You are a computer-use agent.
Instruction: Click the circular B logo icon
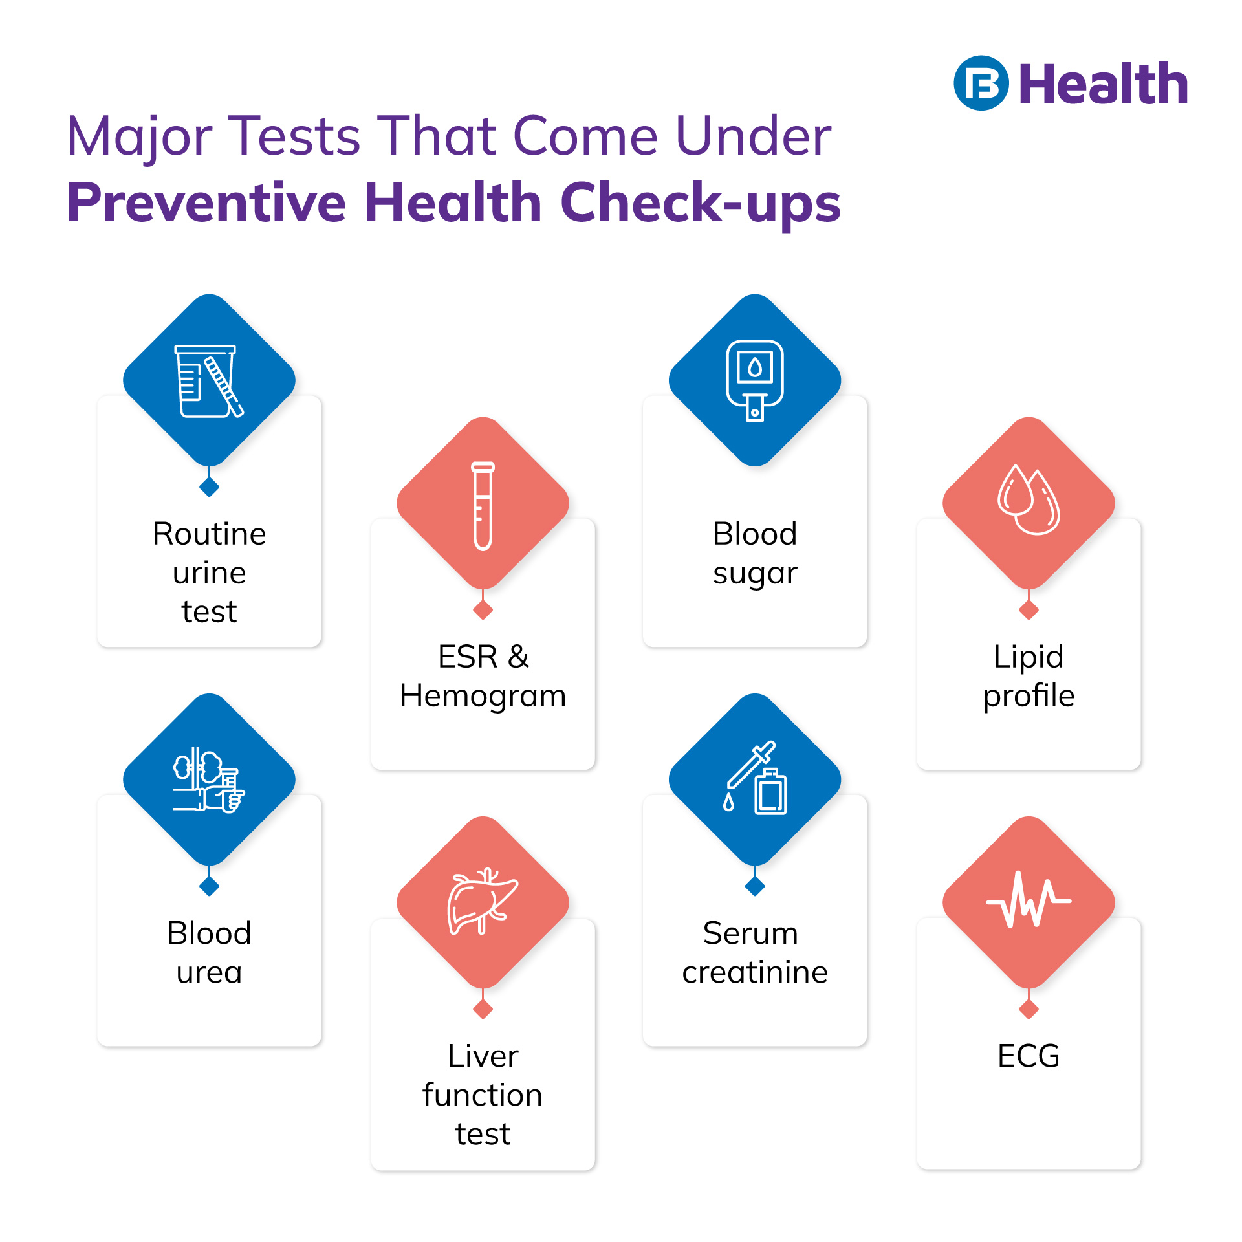981,83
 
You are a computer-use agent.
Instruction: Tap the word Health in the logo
1104,85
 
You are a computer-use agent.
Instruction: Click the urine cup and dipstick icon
209,381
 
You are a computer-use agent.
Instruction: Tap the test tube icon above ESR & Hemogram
483,505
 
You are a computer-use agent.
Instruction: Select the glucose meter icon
754,380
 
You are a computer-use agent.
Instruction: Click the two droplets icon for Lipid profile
1029,500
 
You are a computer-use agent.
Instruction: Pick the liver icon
482,901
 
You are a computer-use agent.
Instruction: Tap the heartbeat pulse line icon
1029,900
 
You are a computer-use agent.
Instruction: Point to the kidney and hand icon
208,780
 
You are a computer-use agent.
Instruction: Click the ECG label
1029,1056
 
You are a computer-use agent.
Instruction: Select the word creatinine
754,972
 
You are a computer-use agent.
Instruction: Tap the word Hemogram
483,696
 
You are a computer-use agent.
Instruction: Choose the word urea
209,973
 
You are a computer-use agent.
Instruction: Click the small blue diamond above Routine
209,486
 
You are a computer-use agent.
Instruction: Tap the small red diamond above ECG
1029,1008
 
